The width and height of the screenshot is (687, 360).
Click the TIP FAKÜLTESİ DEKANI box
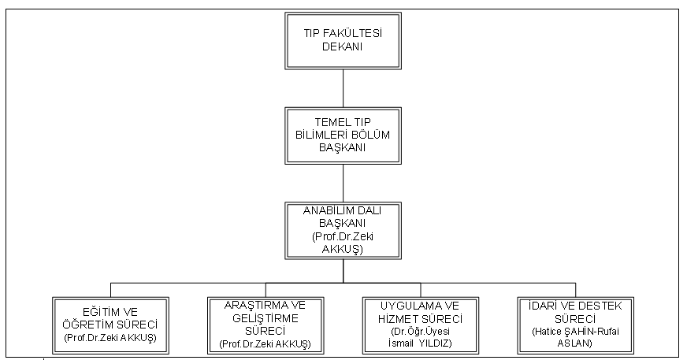tap(343, 41)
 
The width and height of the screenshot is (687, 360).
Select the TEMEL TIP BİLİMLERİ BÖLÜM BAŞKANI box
tap(343, 135)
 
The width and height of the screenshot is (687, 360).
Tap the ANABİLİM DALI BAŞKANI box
tap(343, 230)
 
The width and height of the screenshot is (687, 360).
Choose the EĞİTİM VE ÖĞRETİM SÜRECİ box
tap(110, 325)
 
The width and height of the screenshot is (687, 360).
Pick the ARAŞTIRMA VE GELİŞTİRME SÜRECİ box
tap(266, 325)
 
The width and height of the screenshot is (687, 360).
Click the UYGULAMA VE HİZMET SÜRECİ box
tap(421, 325)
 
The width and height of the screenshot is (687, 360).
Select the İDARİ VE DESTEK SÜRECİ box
tap(576, 325)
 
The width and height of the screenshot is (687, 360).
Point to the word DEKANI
tap(343, 46)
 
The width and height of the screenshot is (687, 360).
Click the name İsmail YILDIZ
tap(420, 343)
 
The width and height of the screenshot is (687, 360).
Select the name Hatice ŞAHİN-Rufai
tap(576, 331)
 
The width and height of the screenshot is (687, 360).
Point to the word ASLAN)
tap(575, 343)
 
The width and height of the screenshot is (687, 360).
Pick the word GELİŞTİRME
tap(266, 318)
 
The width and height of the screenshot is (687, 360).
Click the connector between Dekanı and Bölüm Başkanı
tap(343, 88)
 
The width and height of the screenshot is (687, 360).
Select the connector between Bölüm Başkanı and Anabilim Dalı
tap(343, 183)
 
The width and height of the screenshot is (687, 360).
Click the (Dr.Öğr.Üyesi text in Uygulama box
tap(420, 332)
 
